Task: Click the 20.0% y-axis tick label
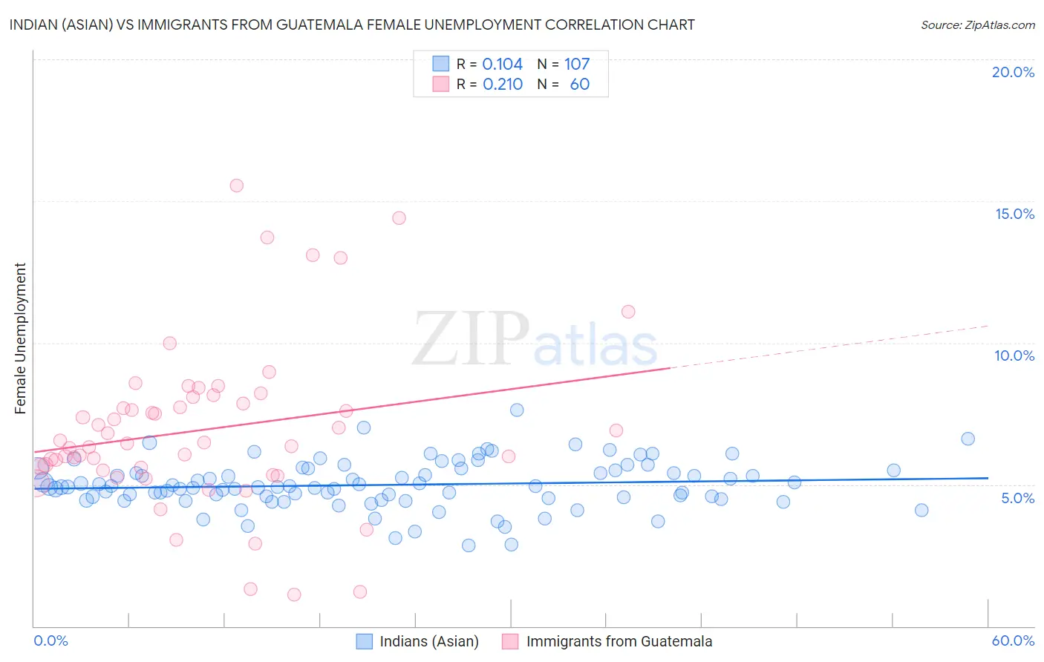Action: click(x=1013, y=72)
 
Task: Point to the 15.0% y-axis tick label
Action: click(x=1014, y=214)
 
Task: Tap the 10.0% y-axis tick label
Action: click(x=1014, y=355)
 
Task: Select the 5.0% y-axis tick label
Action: click(x=1017, y=498)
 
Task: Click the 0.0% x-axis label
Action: click(x=50, y=640)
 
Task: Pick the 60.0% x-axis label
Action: click(x=1013, y=640)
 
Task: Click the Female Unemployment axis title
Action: click(x=20, y=338)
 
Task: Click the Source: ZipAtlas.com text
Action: click(x=977, y=24)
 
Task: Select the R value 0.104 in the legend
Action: click(x=502, y=65)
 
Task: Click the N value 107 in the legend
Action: click(x=577, y=65)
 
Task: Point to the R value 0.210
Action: click(x=503, y=85)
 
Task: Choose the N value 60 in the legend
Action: click(x=580, y=85)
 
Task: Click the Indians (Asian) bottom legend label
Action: click(x=429, y=641)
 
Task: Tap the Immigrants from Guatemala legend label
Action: click(x=619, y=641)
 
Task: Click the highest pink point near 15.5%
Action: click(x=236, y=186)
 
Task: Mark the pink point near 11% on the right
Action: click(x=628, y=312)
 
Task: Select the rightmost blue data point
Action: click(x=968, y=439)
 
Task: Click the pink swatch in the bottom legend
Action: click(x=510, y=641)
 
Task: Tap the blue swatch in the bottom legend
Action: click(x=364, y=641)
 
